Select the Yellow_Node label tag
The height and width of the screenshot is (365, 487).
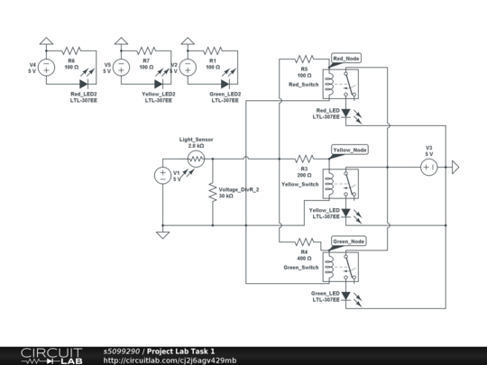349,150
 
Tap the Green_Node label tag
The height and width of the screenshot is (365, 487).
349,242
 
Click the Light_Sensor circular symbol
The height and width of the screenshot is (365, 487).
196,159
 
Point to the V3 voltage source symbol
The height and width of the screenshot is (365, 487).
430,168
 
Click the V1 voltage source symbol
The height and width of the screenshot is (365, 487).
163,176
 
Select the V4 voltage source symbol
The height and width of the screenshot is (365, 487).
45,67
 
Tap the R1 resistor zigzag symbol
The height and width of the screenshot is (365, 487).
213,50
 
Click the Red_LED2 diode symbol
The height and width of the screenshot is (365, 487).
83,84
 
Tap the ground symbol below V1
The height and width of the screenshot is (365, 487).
163,234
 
